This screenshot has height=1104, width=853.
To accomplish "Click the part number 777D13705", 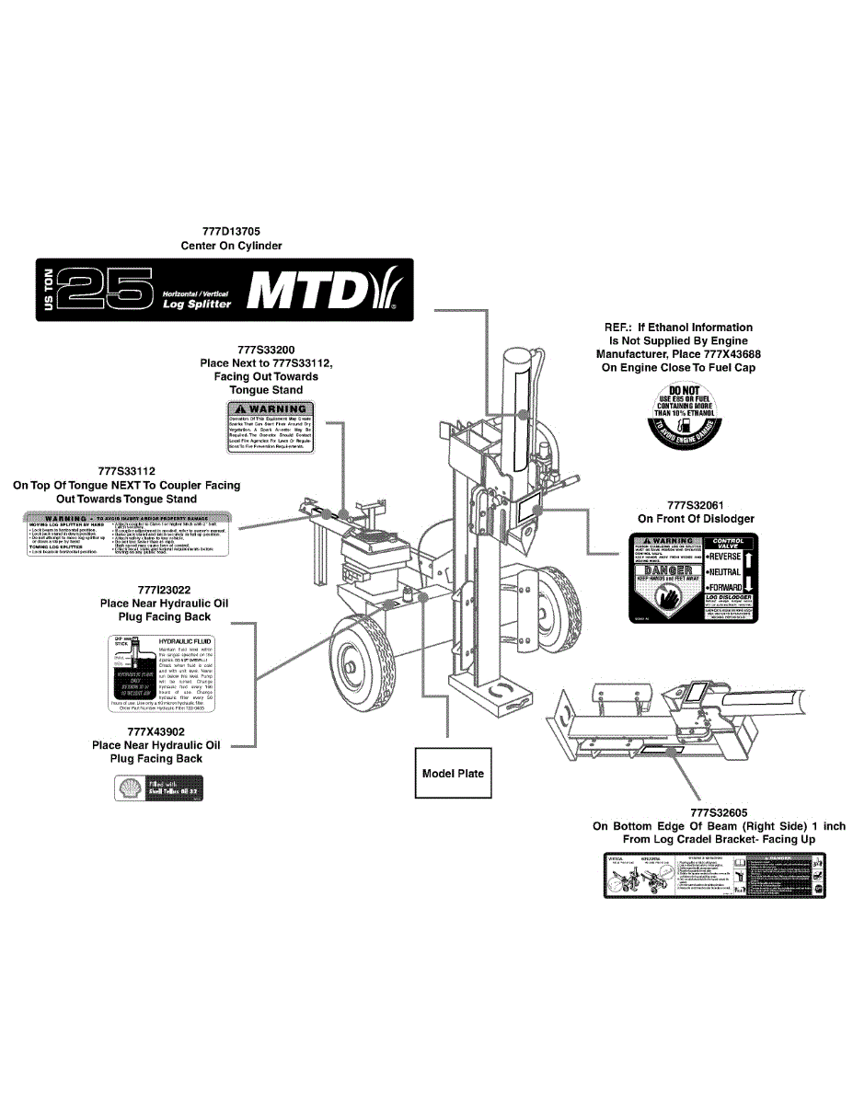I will click(x=231, y=232).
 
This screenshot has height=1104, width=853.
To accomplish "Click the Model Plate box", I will click(x=453, y=773).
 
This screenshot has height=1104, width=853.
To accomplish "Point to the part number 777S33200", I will click(x=266, y=350).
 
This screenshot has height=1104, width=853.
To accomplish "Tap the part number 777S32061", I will click(x=696, y=505).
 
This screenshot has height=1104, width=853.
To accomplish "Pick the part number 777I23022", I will click(x=164, y=590).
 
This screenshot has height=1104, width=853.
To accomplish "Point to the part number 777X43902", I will click(x=156, y=731).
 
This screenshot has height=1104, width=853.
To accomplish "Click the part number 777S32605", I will click(x=719, y=812).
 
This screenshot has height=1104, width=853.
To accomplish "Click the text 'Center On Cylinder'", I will click(x=231, y=246).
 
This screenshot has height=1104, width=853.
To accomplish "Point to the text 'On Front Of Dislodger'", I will click(x=696, y=519).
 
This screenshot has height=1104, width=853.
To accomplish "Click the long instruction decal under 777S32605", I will click(x=714, y=876).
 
